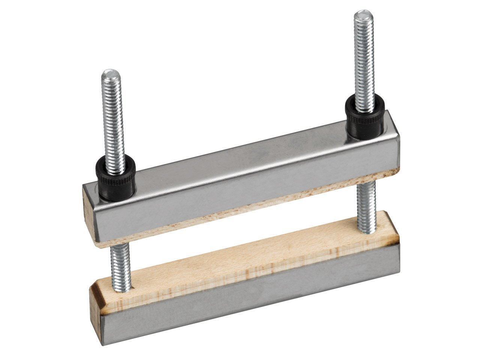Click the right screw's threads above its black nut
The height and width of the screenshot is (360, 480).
tap(363, 60)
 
